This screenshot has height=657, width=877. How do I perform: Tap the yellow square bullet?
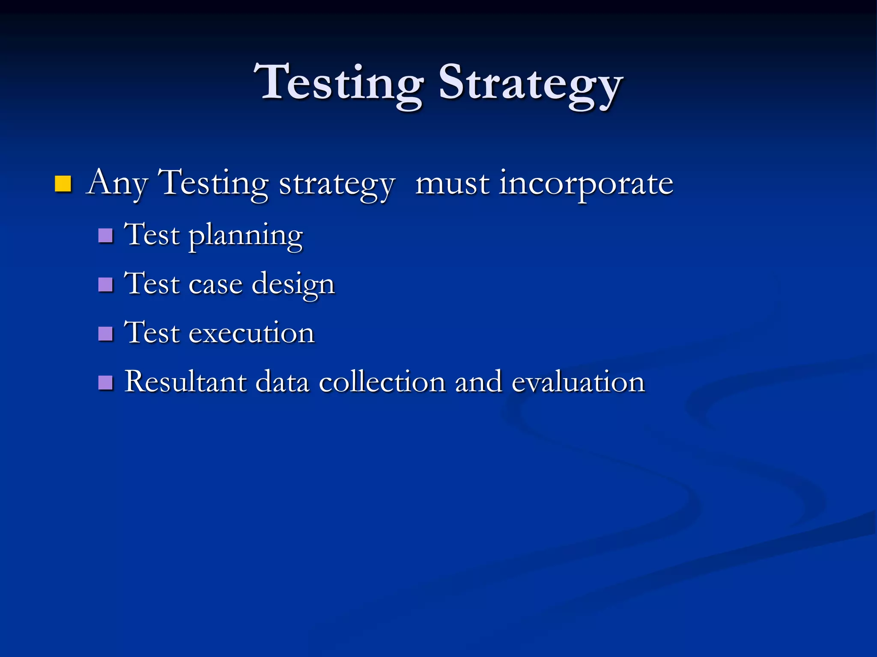point(63,184)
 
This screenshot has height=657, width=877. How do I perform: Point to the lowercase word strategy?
point(337,185)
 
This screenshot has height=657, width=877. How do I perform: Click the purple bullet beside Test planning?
point(105,236)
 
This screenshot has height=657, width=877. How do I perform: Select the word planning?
point(246,236)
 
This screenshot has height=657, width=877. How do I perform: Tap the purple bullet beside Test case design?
point(105,284)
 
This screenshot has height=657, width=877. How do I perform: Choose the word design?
point(293,285)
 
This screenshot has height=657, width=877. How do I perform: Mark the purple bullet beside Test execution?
point(105,334)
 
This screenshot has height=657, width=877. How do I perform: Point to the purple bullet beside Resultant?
point(105,382)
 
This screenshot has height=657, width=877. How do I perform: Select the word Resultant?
point(185,382)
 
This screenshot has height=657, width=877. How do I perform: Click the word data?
point(282,382)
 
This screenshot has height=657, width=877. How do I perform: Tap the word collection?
point(382,382)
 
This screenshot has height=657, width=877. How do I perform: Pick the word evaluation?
point(578,382)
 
